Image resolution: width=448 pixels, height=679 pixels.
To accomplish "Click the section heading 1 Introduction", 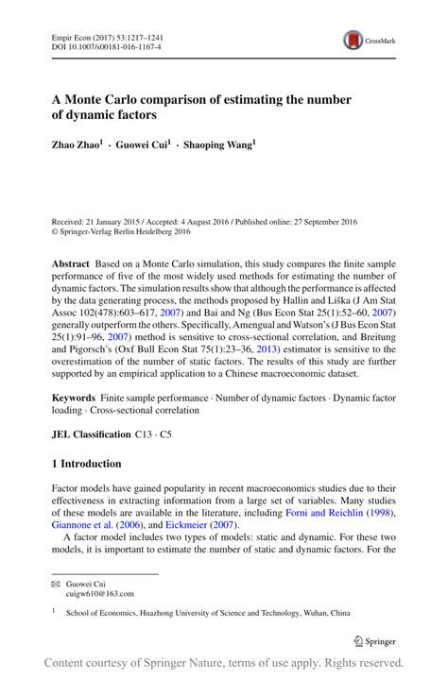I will (x=86, y=464).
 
